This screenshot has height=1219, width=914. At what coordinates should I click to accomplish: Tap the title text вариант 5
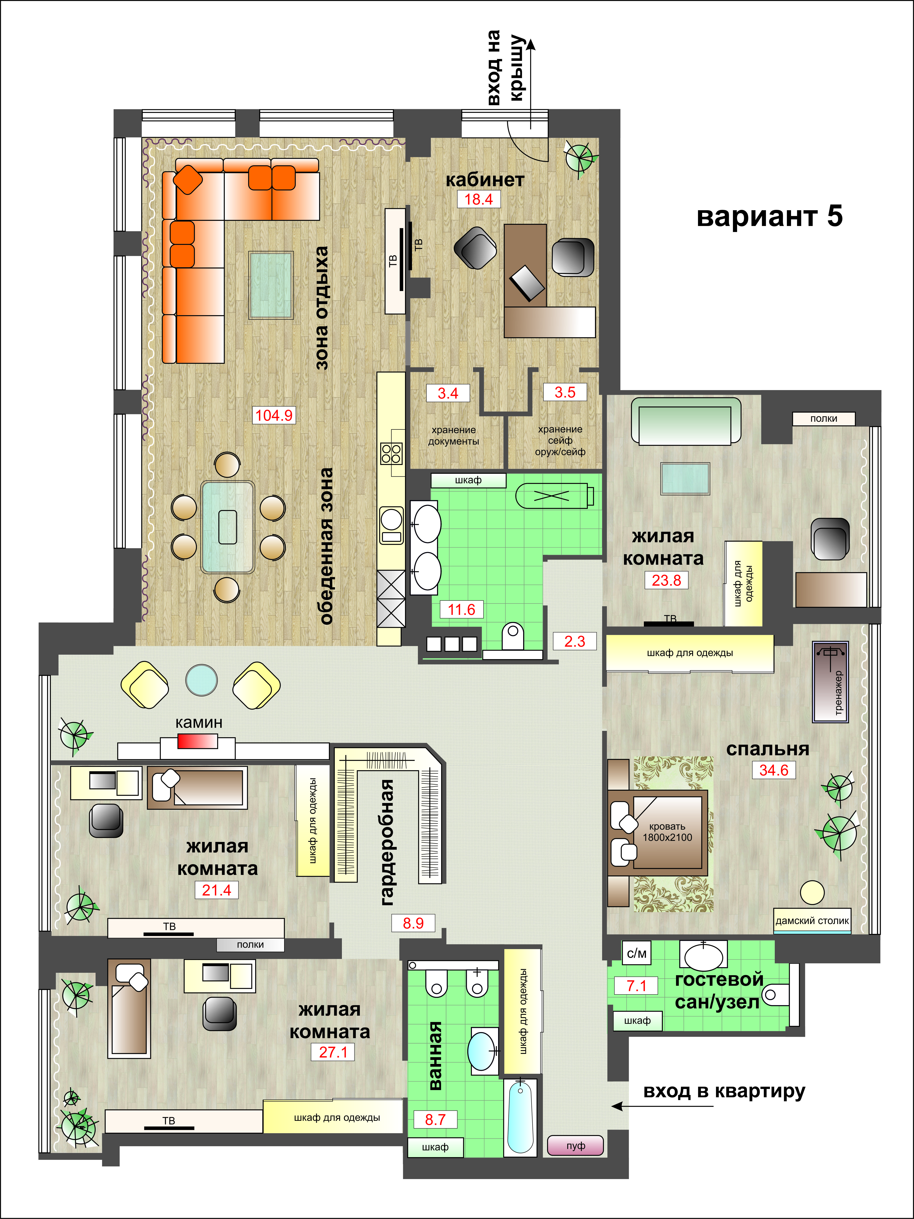[x=770, y=217]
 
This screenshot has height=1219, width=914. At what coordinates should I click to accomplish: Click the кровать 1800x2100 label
[x=667, y=832]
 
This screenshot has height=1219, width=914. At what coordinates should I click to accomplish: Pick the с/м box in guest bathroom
[x=637, y=953]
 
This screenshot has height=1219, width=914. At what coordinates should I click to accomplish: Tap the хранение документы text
[x=454, y=435]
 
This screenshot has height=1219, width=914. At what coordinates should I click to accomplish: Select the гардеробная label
[x=388, y=842]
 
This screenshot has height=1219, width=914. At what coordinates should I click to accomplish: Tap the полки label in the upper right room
[x=824, y=419]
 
